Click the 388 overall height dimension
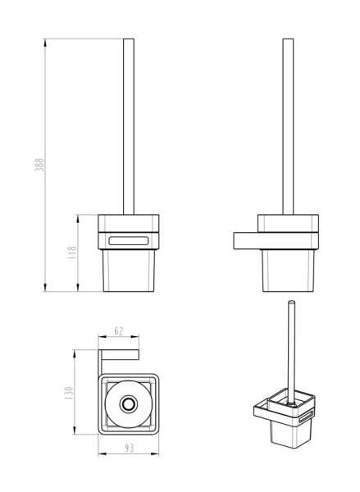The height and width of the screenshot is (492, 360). [x=39, y=163]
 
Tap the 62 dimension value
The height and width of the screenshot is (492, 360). [x=118, y=331]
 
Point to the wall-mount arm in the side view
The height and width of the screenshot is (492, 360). [x=246, y=239]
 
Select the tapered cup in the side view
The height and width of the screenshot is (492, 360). [x=287, y=270]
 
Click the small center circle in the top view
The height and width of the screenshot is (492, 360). [x=127, y=404]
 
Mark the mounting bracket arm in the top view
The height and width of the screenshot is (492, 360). [x=119, y=353]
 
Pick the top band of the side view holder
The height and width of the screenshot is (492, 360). [x=287, y=223]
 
